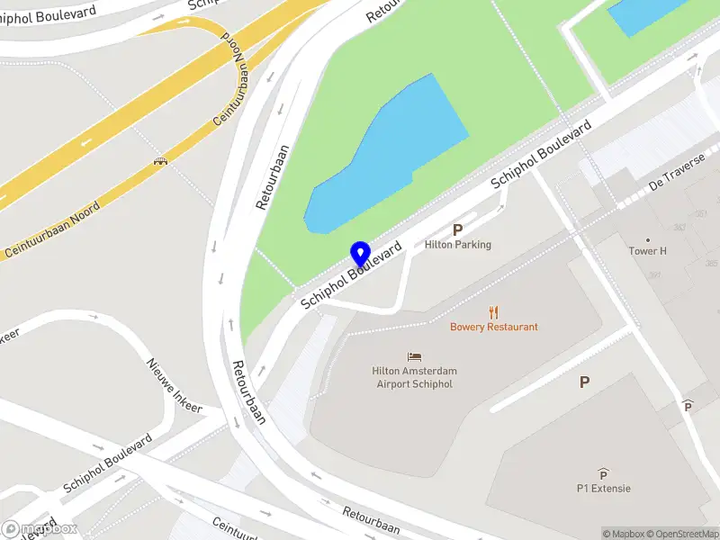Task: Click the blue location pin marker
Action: pyautogui.click(x=360, y=255)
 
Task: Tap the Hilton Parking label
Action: pyautogui.click(x=458, y=245)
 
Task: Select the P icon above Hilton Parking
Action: pyautogui.click(x=457, y=229)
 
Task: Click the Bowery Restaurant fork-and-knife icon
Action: pyautogui.click(x=493, y=313)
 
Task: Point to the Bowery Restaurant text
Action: pyautogui.click(x=494, y=328)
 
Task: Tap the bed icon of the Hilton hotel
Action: pyautogui.click(x=414, y=357)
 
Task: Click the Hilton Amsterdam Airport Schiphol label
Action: pyautogui.click(x=414, y=377)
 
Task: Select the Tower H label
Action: pyautogui.click(x=648, y=252)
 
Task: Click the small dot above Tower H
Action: pyautogui.click(x=648, y=240)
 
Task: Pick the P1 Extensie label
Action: pyautogui.click(x=604, y=489)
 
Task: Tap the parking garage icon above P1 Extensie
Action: pyautogui.click(x=603, y=474)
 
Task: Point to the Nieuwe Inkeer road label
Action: pyautogui.click(x=175, y=385)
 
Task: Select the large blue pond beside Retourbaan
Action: pyautogui.click(x=387, y=157)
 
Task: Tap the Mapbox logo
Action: pyautogui.click(x=40, y=529)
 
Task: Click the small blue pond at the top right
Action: pyautogui.click(x=646, y=13)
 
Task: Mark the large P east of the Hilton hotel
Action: pyautogui.click(x=584, y=382)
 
